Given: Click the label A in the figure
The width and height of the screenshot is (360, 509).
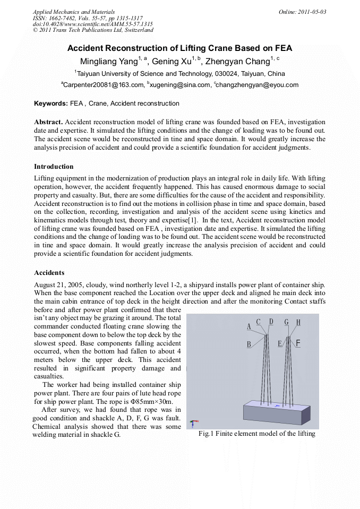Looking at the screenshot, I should point(248,327).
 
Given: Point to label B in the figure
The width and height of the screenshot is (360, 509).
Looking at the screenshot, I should point(248,344).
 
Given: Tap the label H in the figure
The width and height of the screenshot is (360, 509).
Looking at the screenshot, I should point(298,322).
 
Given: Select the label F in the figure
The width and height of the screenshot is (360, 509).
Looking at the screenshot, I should point(298,343).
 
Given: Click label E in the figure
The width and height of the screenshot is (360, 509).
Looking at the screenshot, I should point(280,344).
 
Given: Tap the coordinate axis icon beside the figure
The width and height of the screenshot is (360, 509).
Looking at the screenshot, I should point(194,424).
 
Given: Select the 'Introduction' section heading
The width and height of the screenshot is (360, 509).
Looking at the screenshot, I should point(54,167).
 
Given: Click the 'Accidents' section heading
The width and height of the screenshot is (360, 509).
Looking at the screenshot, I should point(49,273).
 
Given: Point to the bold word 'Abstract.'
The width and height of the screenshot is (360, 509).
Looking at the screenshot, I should point(48,122).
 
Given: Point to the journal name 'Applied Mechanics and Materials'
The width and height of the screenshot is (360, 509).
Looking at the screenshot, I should point(74,12).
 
